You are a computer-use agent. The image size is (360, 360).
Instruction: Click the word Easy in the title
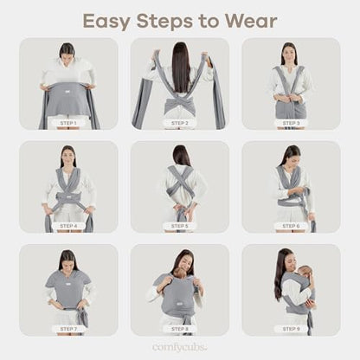106,22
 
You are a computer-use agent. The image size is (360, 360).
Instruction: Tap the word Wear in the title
251,21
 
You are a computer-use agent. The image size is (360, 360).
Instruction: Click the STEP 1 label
68,123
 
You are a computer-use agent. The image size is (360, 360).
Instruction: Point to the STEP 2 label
180,123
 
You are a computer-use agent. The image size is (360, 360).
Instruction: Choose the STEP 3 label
291,123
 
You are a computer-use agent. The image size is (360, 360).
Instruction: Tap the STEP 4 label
68,226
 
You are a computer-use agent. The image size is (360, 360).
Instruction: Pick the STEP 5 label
180,226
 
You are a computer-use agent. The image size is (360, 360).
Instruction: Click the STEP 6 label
291,226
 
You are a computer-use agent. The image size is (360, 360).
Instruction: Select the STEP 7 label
68,329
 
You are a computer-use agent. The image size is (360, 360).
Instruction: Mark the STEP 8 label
180,329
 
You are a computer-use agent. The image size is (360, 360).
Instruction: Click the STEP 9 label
291,329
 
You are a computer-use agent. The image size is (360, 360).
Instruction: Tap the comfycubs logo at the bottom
179,347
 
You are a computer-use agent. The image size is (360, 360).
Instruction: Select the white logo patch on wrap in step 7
68,292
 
